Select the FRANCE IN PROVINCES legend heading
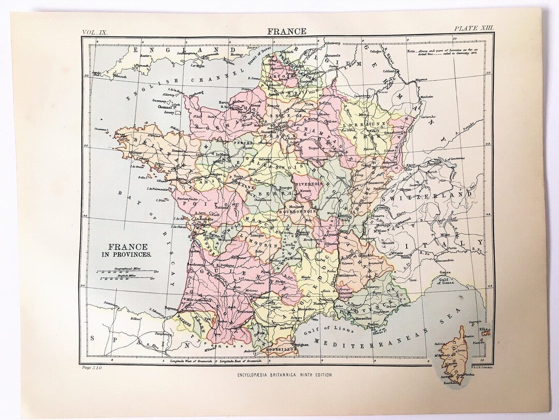click(x=126, y=250)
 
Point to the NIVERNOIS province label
click(x=308, y=183)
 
